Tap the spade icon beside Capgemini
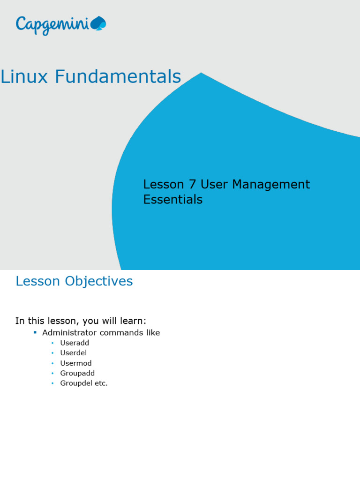click(98, 23)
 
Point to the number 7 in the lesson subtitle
click(192, 185)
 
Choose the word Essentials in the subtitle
click(172, 200)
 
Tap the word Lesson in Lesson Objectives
click(38, 281)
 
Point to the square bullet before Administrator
click(35, 332)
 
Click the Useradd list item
click(75, 343)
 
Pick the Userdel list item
click(74, 353)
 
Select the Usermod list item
click(76, 363)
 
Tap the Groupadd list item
click(77, 373)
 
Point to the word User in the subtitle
click(214, 185)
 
